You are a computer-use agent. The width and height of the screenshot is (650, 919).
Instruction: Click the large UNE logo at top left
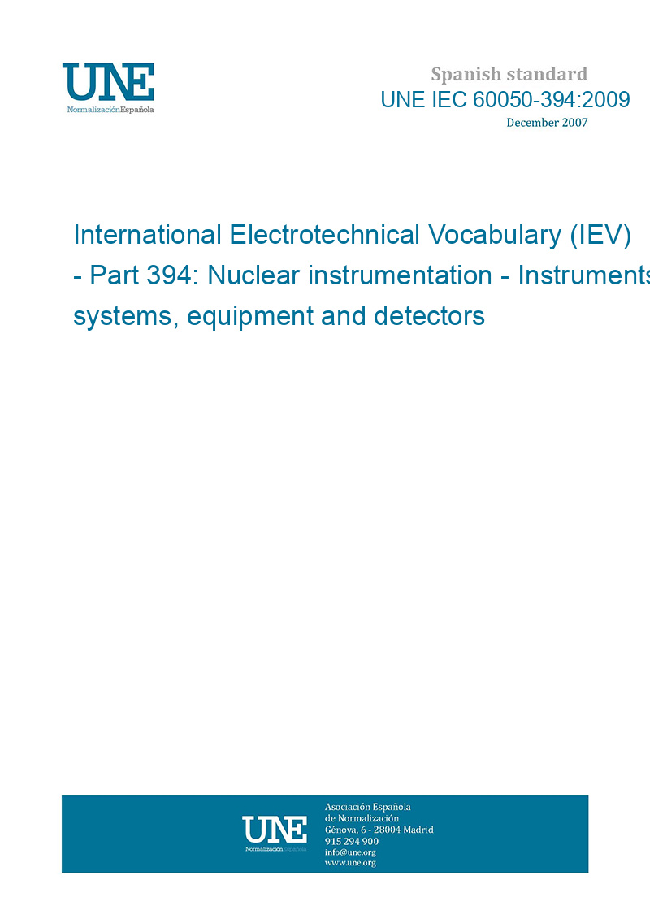(108, 87)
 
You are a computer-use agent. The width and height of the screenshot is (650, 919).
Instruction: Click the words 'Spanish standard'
(509, 75)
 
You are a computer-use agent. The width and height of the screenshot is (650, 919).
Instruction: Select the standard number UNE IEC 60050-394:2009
(505, 100)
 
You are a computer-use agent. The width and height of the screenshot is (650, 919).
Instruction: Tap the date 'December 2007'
(547, 123)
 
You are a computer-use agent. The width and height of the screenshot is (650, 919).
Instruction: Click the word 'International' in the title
(147, 235)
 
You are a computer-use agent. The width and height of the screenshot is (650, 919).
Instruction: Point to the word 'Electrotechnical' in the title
(325, 235)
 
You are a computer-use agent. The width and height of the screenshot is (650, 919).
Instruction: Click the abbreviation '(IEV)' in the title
(600, 236)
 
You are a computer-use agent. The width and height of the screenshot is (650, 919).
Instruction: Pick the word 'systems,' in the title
(126, 317)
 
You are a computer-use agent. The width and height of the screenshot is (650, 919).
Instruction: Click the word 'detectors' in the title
(429, 316)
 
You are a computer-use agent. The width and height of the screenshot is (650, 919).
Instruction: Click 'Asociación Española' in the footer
(368, 807)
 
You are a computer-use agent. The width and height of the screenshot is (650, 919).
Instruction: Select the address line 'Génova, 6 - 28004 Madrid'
(379, 830)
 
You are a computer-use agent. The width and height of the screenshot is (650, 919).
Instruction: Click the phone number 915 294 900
(352, 841)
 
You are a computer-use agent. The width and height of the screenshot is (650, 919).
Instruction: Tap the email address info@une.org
(350, 852)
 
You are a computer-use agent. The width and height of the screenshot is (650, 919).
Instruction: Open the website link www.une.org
(350, 863)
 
